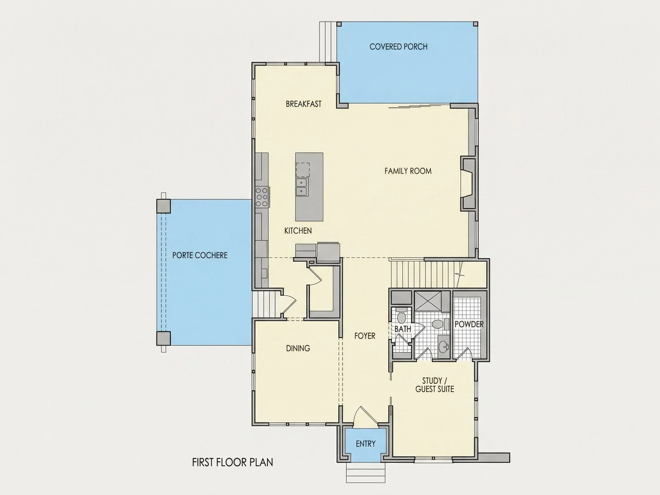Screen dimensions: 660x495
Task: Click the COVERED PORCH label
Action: (x=398, y=46)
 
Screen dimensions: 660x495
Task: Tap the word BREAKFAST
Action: (x=303, y=104)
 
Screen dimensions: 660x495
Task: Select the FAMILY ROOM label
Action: (x=408, y=171)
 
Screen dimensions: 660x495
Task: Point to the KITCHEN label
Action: (x=298, y=231)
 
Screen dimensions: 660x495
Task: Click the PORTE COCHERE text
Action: (x=200, y=255)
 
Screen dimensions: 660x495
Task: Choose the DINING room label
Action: (x=298, y=348)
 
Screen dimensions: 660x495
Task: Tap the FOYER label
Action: (x=365, y=336)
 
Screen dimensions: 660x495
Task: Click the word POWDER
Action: (x=469, y=324)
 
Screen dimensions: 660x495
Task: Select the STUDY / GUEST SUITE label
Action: (x=435, y=385)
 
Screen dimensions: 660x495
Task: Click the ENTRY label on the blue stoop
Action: (x=366, y=444)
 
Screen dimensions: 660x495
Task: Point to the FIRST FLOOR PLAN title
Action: (x=232, y=462)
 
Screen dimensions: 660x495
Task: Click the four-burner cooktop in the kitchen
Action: (x=262, y=197)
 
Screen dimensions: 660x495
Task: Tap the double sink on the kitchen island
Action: (x=302, y=186)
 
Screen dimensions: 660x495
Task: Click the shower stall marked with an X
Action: (x=428, y=301)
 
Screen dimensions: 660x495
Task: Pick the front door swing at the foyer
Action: (x=366, y=415)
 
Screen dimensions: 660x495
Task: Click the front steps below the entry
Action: (x=366, y=472)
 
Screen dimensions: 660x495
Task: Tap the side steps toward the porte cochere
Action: (x=263, y=305)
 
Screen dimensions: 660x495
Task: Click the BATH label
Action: (x=403, y=329)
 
